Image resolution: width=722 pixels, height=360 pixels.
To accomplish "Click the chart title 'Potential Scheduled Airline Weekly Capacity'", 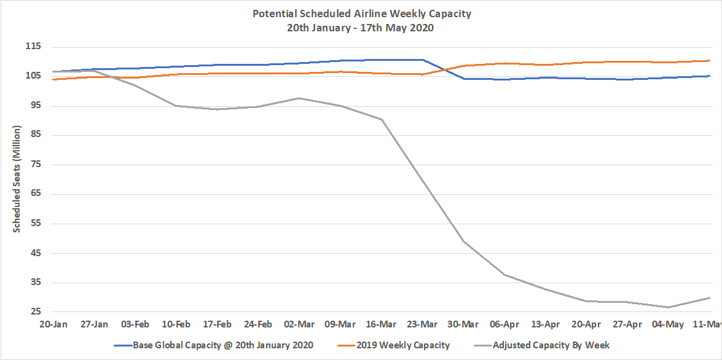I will coord(362,14).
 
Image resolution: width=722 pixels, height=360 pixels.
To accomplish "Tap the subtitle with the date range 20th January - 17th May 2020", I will coord(362,28).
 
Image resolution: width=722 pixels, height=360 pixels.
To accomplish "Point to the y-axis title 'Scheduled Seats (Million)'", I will coord(17,179).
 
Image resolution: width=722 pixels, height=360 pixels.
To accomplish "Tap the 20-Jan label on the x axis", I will coord(53,324).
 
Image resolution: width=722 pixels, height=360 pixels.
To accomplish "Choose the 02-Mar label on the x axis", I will coord(299,324).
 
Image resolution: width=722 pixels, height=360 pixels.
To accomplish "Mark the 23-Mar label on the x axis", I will coord(422,324).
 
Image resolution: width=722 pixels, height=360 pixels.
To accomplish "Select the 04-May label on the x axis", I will coord(668,324).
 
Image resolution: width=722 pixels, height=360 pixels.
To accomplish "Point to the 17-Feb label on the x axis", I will coord(218,324).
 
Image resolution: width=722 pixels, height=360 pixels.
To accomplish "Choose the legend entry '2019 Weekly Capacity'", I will coord(407,345).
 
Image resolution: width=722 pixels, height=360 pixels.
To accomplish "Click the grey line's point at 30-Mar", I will coord(463,241).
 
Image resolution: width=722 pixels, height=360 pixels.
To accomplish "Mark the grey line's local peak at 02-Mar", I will coord(299,98).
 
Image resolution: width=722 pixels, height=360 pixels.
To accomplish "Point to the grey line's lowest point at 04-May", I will coord(668,307).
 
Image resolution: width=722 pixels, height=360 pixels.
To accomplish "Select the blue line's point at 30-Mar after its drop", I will coord(463,79).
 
